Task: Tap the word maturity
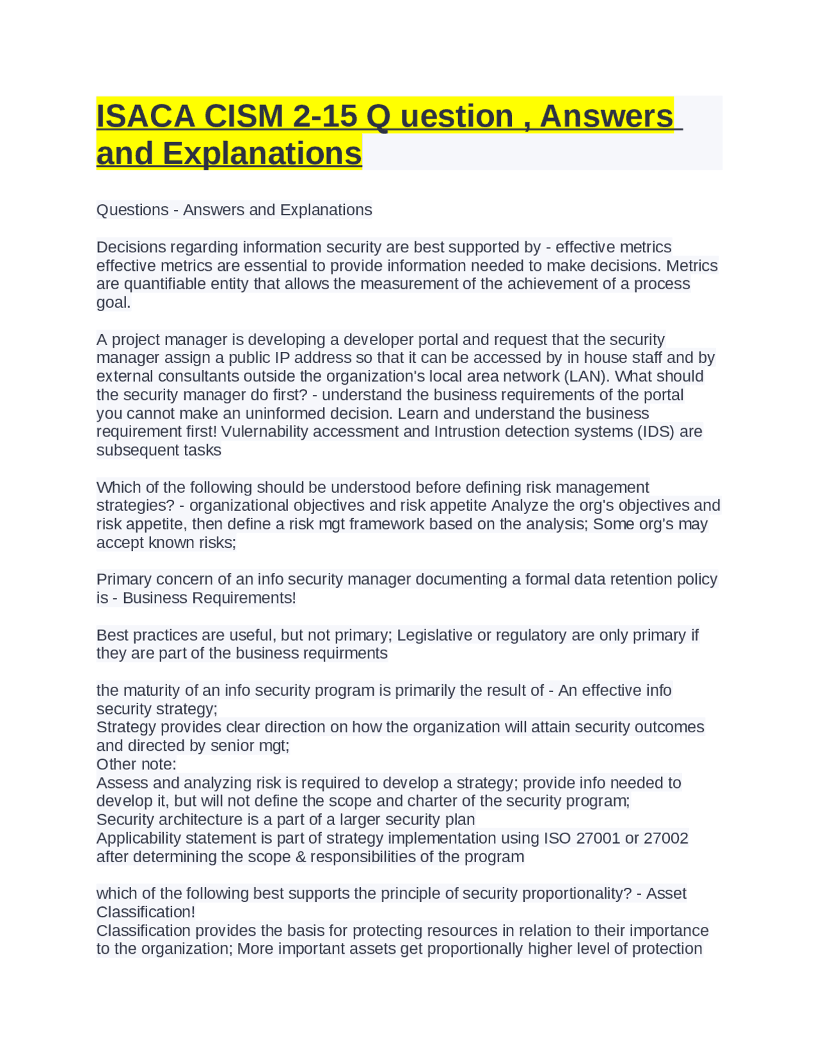(152, 691)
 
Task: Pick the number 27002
(666, 839)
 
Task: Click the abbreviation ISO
(557, 839)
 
